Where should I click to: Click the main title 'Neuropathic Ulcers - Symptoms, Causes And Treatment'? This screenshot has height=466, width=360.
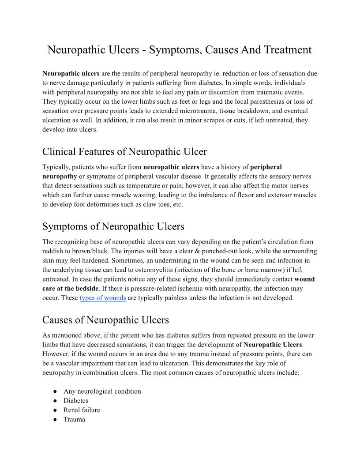180,50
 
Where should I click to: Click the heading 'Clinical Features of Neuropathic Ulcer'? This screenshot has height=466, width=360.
124,152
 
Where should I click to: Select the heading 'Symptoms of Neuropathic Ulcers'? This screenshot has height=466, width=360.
113,227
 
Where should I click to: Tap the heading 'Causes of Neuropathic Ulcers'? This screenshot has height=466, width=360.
105,319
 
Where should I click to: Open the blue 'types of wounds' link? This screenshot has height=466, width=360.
102,298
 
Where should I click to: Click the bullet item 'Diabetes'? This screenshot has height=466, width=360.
75,401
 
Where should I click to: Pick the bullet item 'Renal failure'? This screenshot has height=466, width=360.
82,410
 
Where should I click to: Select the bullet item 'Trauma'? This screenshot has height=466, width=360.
74,419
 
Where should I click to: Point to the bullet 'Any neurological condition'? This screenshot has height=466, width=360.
102,391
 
